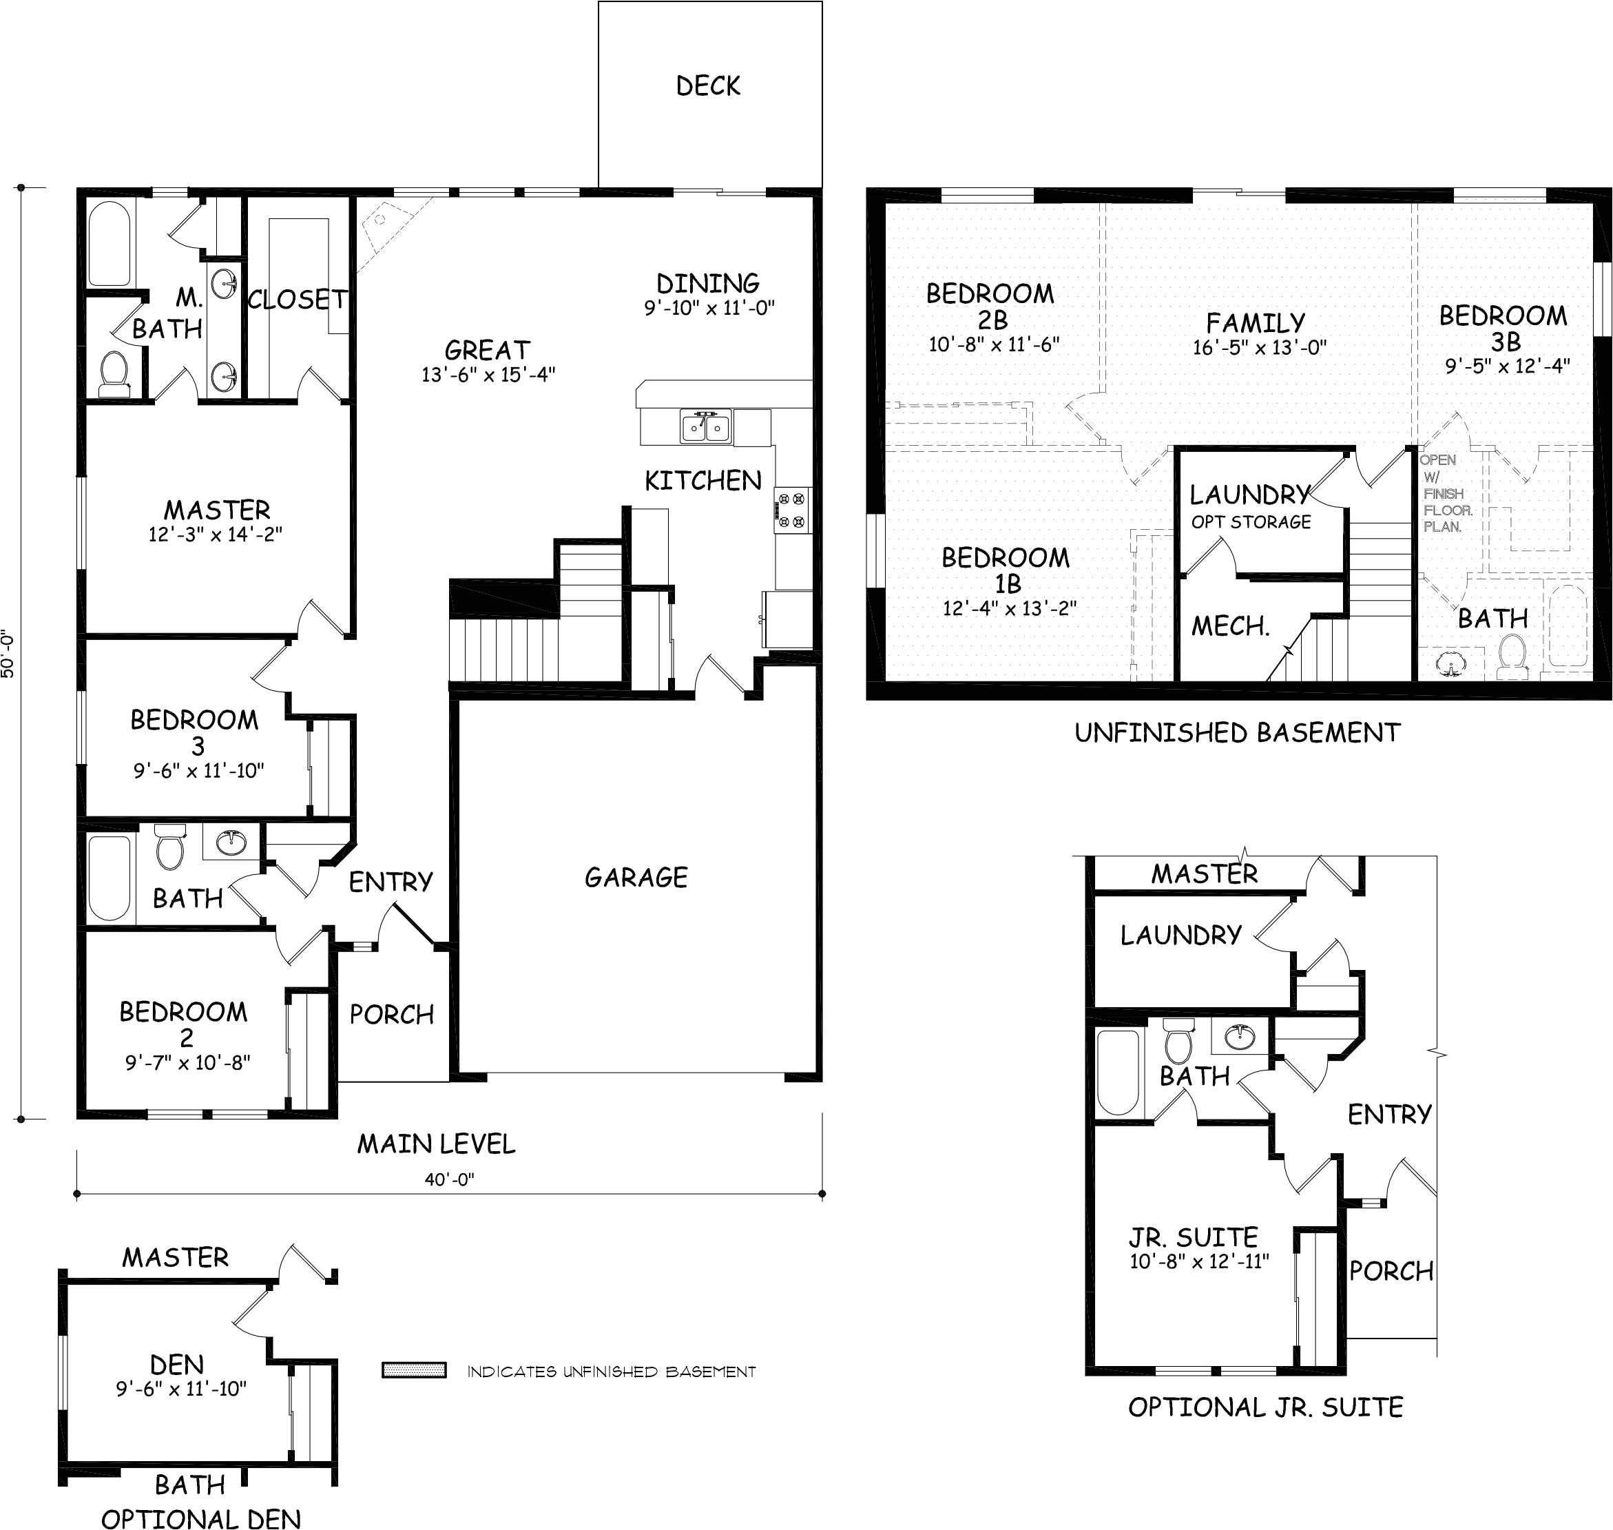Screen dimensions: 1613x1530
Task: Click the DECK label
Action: click(x=708, y=85)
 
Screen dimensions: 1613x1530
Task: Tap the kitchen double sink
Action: click(x=706, y=426)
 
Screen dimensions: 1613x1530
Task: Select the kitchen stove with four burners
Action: click(x=793, y=510)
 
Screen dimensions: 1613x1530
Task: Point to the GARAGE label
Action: click(x=636, y=878)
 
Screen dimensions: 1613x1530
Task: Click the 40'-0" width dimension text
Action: click(x=448, y=1180)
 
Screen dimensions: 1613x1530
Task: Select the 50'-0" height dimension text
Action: click(x=8, y=652)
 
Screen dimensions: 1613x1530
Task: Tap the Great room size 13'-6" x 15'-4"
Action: click(x=488, y=374)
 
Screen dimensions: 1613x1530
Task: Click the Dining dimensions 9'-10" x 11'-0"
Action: click(x=709, y=307)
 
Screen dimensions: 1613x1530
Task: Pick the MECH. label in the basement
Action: click(x=1231, y=626)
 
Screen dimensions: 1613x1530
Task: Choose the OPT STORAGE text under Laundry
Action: click(x=1251, y=522)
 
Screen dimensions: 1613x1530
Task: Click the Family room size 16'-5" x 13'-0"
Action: click(x=1259, y=347)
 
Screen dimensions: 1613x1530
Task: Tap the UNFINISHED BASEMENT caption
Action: click(x=1237, y=733)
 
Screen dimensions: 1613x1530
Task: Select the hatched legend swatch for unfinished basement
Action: click(x=414, y=1371)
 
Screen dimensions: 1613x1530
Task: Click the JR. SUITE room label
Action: click(x=1193, y=1237)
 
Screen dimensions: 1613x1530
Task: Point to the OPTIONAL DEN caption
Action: click(x=200, y=1518)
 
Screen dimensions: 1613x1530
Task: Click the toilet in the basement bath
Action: click(x=1511, y=657)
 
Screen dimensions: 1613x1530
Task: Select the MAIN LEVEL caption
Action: click(x=436, y=1144)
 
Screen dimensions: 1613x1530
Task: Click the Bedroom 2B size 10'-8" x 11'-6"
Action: click(x=993, y=344)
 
